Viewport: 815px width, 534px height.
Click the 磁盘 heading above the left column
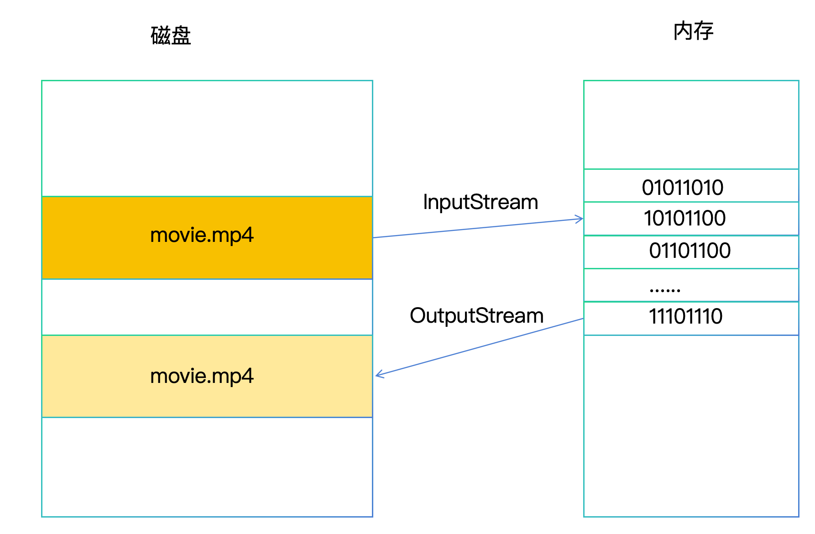(x=171, y=36)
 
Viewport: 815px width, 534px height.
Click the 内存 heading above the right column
(x=693, y=31)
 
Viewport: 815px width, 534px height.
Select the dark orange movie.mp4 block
(x=207, y=237)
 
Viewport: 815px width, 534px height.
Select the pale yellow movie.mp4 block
(x=207, y=376)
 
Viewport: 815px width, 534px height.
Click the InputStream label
(x=480, y=202)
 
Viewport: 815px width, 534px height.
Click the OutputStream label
(x=476, y=316)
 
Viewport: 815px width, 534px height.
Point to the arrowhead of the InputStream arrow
(x=580, y=220)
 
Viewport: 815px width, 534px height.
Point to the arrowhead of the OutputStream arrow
(x=378, y=375)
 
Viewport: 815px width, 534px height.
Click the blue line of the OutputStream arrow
(x=479, y=347)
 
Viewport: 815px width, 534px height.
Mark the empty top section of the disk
(x=207, y=138)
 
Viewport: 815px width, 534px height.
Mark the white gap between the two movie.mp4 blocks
(x=207, y=307)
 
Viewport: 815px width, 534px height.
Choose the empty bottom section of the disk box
(x=207, y=466)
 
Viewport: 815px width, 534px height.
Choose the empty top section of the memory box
(x=691, y=125)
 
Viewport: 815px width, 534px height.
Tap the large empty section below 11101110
(x=691, y=425)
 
